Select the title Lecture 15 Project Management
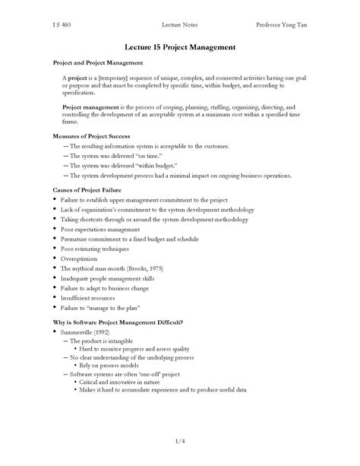[x=179, y=46]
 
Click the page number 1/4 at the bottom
[x=180, y=439]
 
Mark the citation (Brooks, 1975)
[x=143, y=268]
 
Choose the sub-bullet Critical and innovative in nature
[x=126, y=382]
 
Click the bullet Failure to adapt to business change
[x=107, y=289]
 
